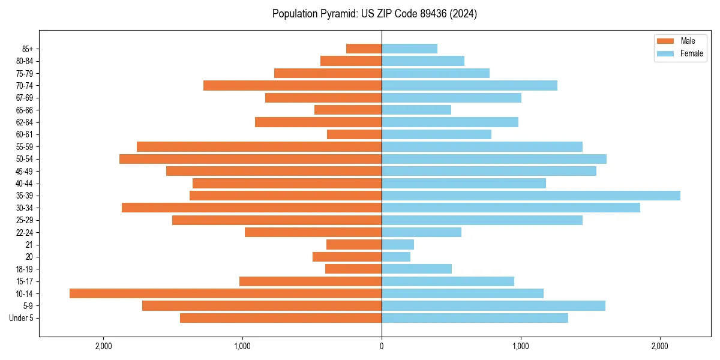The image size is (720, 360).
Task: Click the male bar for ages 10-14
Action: point(226,293)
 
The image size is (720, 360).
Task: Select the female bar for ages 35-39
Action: point(531,196)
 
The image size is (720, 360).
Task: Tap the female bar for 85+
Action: point(409,49)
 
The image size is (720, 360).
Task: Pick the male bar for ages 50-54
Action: point(250,159)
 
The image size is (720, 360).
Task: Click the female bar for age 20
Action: point(396,257)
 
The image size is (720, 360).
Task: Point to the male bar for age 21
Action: point(354,245)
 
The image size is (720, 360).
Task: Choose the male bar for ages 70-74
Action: point(292,85)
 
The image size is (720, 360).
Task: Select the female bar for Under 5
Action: point(475,318)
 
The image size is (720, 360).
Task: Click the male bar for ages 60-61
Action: point(354,134)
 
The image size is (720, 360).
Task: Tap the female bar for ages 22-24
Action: point(421,232)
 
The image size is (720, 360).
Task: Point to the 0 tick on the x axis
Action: point(382,346)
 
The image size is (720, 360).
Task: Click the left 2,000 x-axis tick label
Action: point(104,346)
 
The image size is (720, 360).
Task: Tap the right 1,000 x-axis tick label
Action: point(520,346)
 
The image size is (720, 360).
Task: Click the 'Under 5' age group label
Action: point(21,318)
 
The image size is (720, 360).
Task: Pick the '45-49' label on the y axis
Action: point(24,171)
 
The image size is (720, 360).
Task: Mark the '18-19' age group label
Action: point(24,269)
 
